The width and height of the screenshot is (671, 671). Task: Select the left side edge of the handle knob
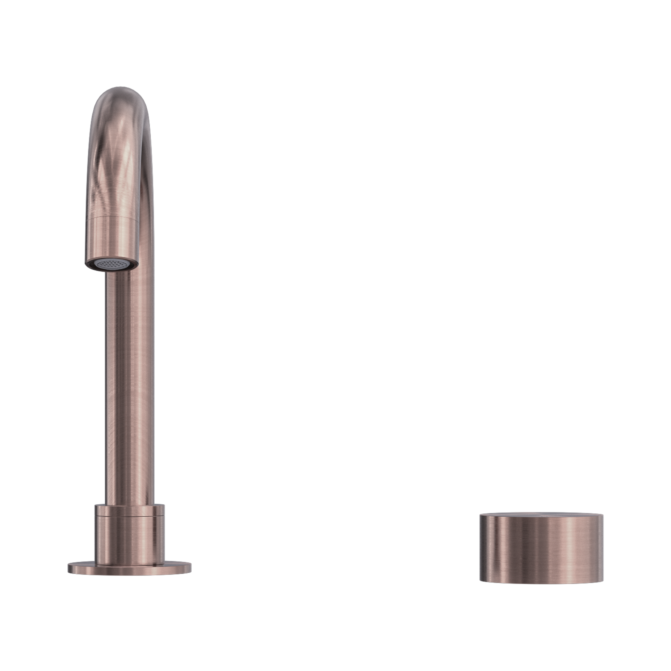click(481, 545)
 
